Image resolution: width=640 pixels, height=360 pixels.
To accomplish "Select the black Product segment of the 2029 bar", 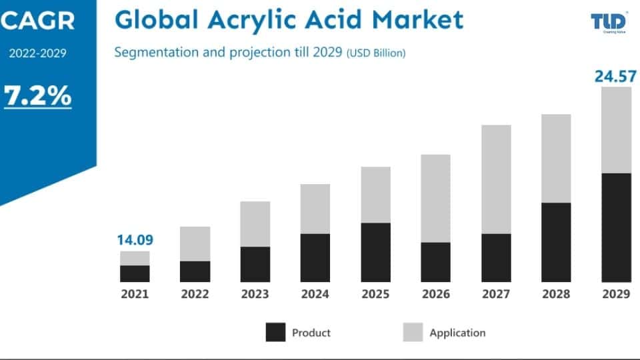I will click(616, 227).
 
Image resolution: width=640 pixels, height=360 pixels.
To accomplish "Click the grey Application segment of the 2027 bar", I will click(496, 179).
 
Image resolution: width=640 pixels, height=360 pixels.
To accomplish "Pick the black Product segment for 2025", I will click(376, 252).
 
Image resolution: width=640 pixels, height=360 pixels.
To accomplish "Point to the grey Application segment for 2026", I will click(435, 198).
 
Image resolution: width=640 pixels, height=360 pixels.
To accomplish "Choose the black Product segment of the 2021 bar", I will click(135, 273).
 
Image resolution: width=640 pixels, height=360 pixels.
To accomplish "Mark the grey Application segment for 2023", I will click(255, 224).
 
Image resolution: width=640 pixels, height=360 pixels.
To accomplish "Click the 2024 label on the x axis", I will click(315, 294).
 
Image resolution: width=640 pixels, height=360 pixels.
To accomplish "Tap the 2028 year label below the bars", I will click(556, 294).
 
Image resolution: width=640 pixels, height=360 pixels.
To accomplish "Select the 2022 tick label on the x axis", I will click(195, 294).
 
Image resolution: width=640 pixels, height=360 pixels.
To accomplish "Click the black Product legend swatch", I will click(275, 332).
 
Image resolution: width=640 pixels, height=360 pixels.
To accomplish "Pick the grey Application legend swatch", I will click(413, 332).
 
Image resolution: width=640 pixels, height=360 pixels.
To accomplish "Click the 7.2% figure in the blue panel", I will click(38, 96).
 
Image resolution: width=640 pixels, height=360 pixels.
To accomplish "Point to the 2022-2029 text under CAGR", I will click(37, 54).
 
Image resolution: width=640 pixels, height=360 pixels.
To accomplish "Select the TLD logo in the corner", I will click(607, 23).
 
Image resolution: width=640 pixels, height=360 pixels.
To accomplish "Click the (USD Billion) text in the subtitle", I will click(375, 53).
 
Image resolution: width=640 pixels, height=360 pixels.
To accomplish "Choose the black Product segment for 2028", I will click(556, 242).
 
